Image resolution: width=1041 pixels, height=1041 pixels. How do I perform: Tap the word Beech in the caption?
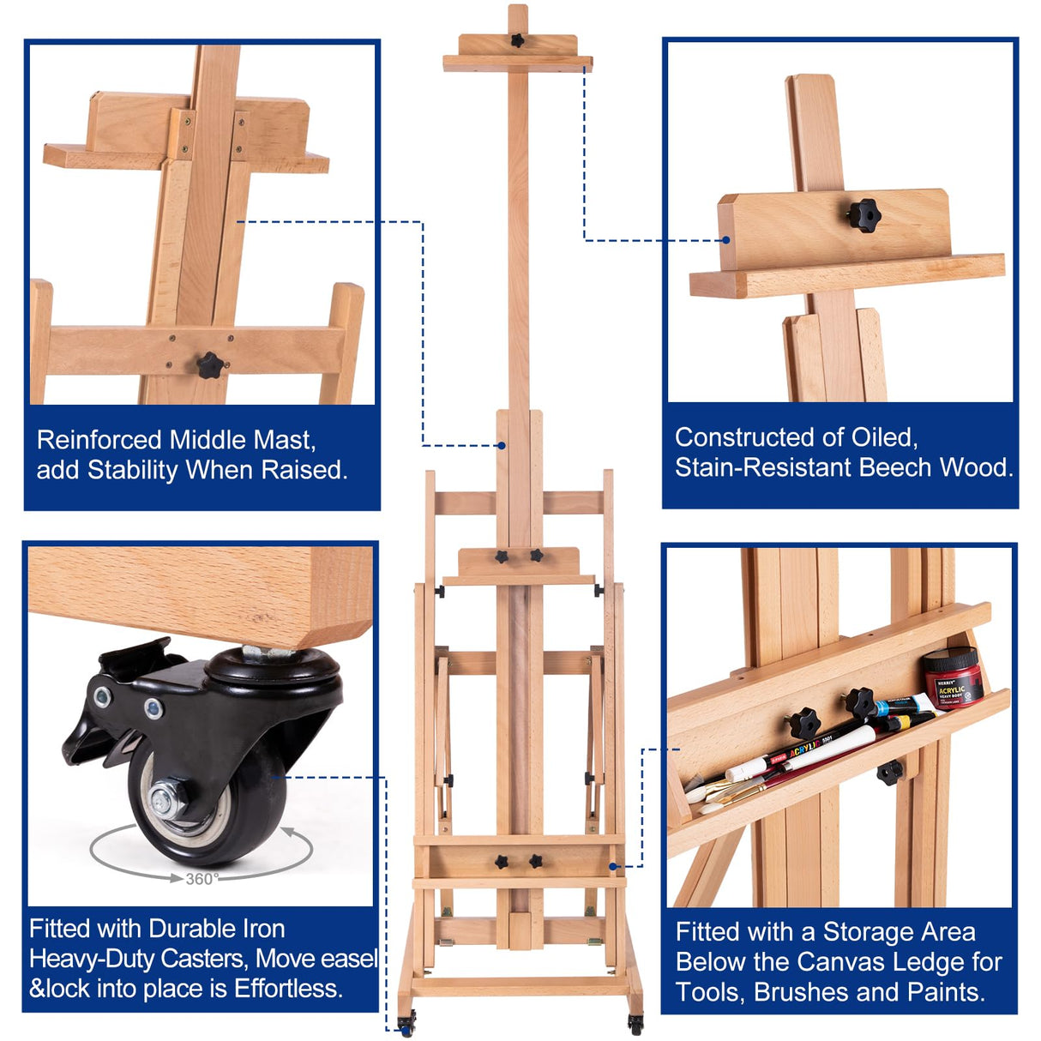(894, 467)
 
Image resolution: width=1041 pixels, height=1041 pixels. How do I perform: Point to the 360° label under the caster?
(202, 879)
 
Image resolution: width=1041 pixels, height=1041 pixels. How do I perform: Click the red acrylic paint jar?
(953, 677)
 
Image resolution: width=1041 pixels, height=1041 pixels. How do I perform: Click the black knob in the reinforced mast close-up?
(209, 365)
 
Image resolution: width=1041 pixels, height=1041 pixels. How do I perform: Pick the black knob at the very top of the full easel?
(517, 39)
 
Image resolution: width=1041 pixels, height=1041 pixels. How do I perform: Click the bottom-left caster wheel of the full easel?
(407, 1022)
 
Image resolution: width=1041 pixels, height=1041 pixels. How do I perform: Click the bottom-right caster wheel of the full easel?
(635, 1022)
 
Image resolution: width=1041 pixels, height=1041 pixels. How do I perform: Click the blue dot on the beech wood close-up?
(725, 240)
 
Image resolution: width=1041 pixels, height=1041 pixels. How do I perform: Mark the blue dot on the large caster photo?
(274, 777)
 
